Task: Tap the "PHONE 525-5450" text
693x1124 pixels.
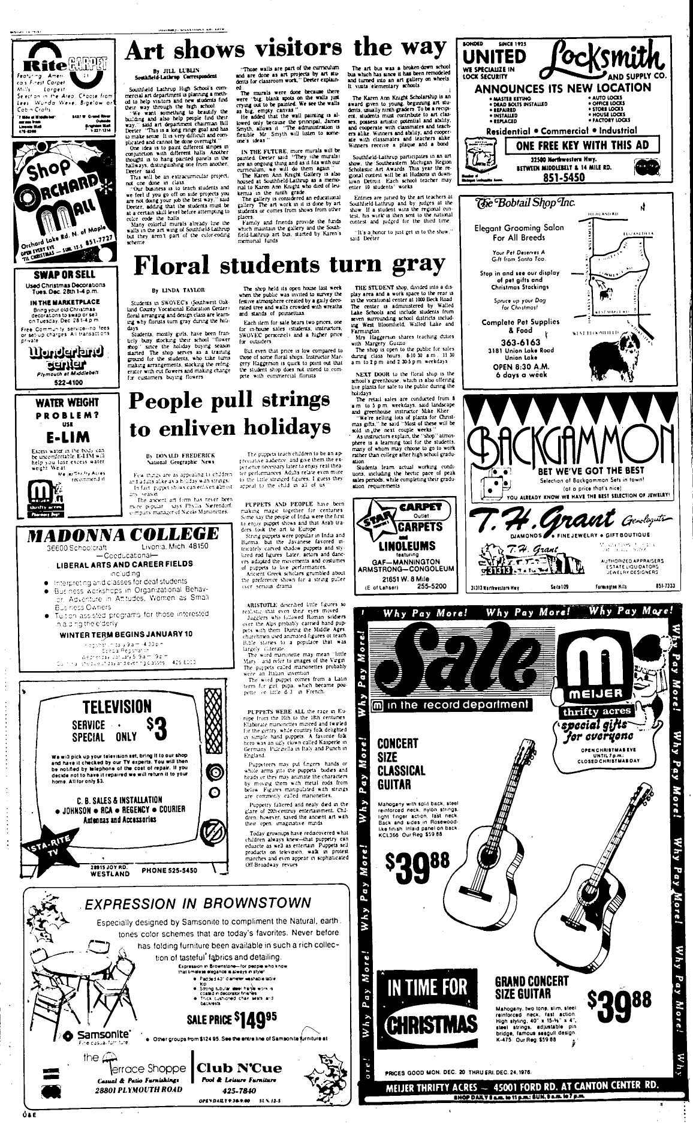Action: (x=170, y=870)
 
